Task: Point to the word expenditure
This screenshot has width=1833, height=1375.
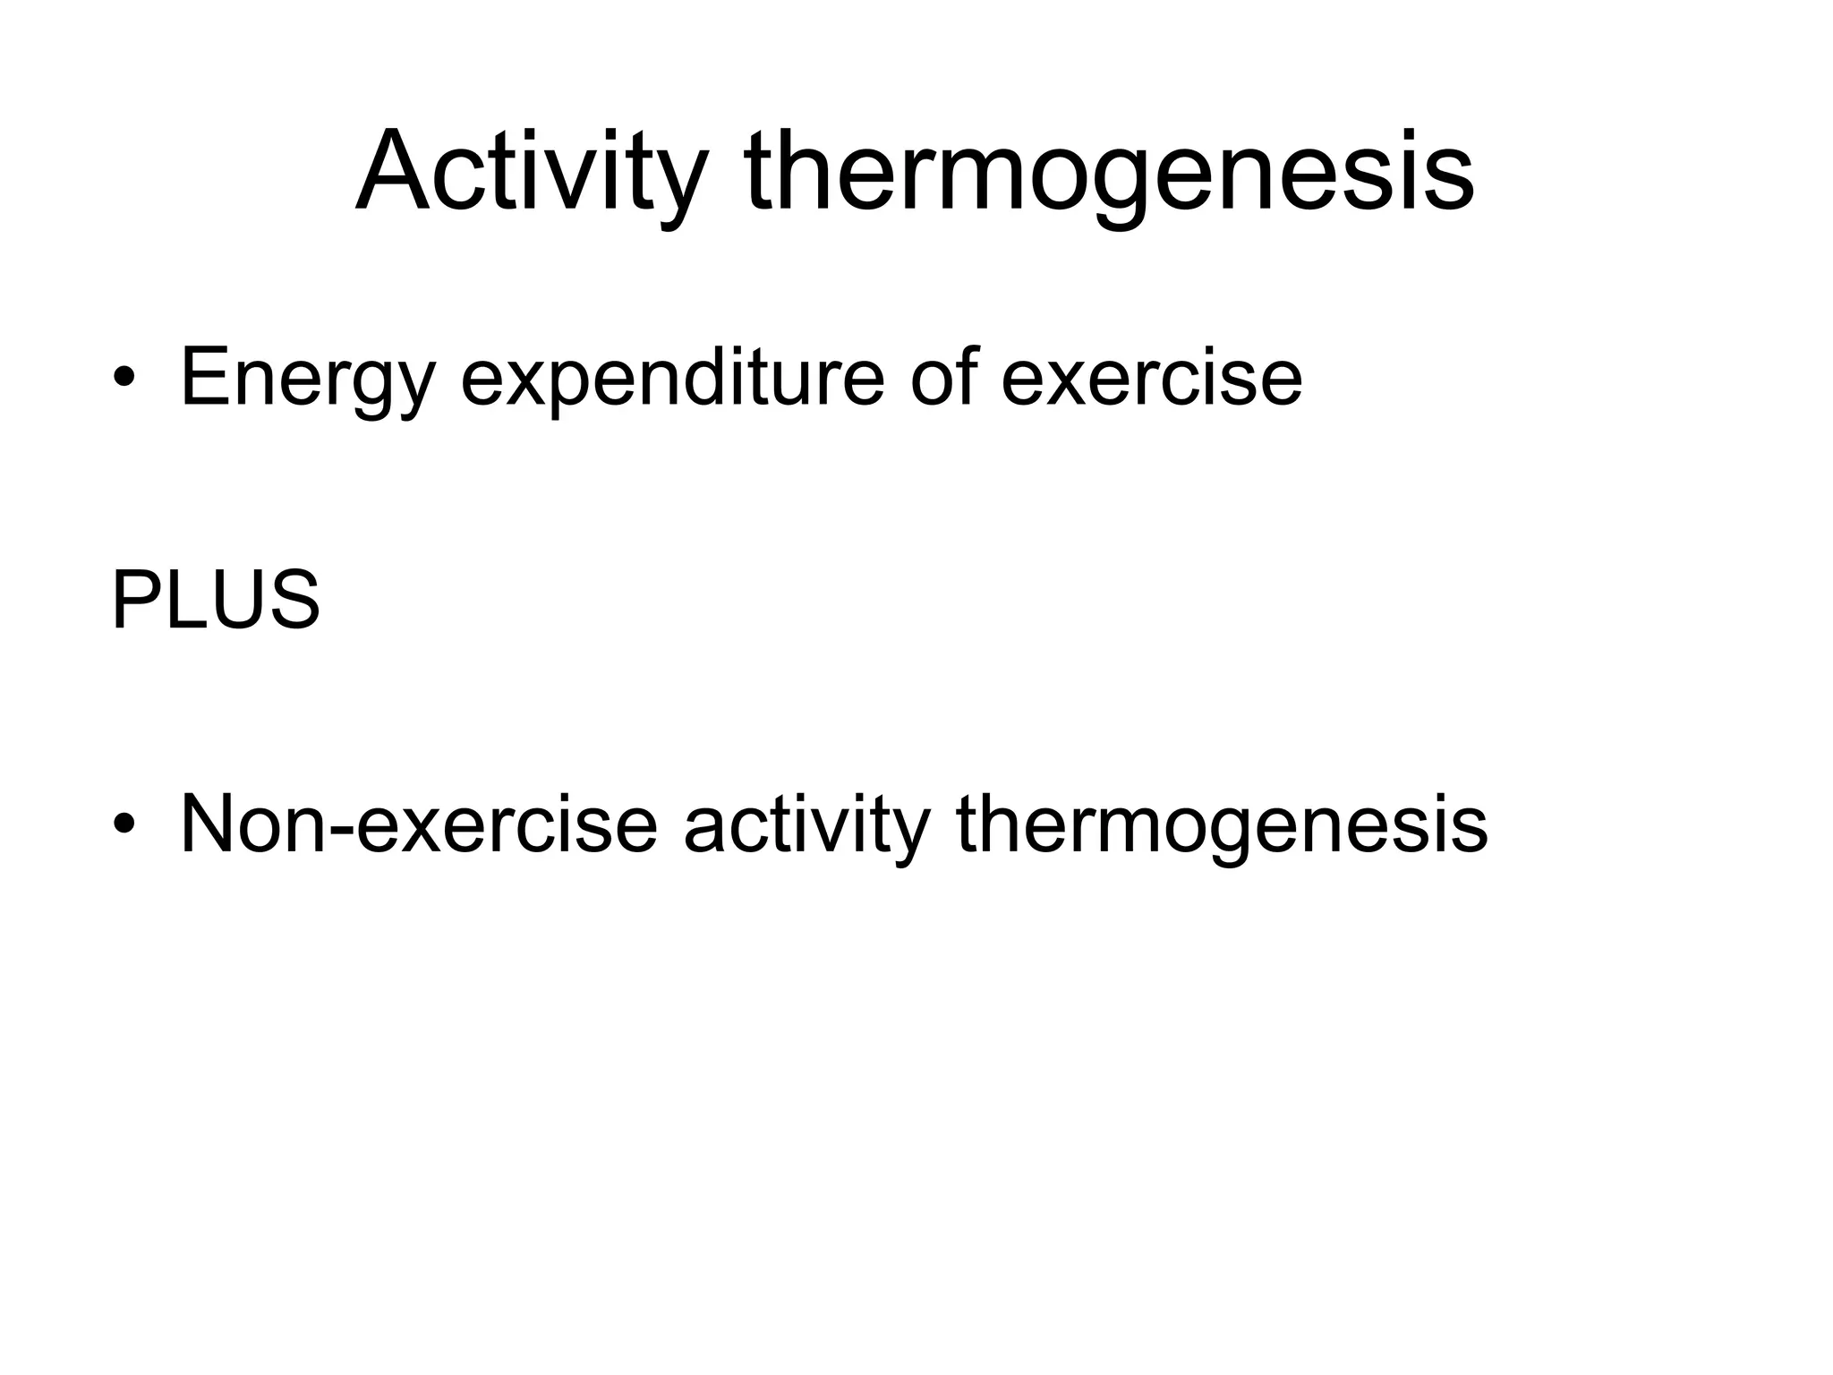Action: point(672,378)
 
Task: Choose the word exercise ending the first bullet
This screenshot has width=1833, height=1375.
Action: point(1151,378)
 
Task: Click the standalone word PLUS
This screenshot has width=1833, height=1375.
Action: point(216,601)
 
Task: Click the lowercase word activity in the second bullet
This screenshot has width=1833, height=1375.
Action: point(806,824)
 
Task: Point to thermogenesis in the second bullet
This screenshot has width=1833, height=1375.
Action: point(1222,824)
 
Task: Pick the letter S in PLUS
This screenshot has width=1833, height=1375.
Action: point(294,601)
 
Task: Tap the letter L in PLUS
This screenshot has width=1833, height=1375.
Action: point(183,601)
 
